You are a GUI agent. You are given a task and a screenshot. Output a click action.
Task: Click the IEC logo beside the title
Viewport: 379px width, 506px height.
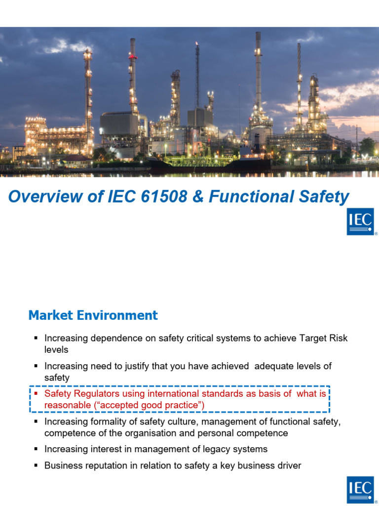(x=360, y=221)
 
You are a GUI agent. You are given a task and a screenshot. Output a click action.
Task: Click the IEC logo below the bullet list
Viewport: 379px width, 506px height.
(x=360, y=490)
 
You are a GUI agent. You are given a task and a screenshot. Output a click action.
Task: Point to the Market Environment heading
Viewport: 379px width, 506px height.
(x=93, y=315)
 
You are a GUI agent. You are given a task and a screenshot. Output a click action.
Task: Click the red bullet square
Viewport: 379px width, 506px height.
(x=36, y=394)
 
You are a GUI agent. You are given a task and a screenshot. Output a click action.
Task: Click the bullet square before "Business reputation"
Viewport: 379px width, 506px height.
(x=36, y=465)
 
